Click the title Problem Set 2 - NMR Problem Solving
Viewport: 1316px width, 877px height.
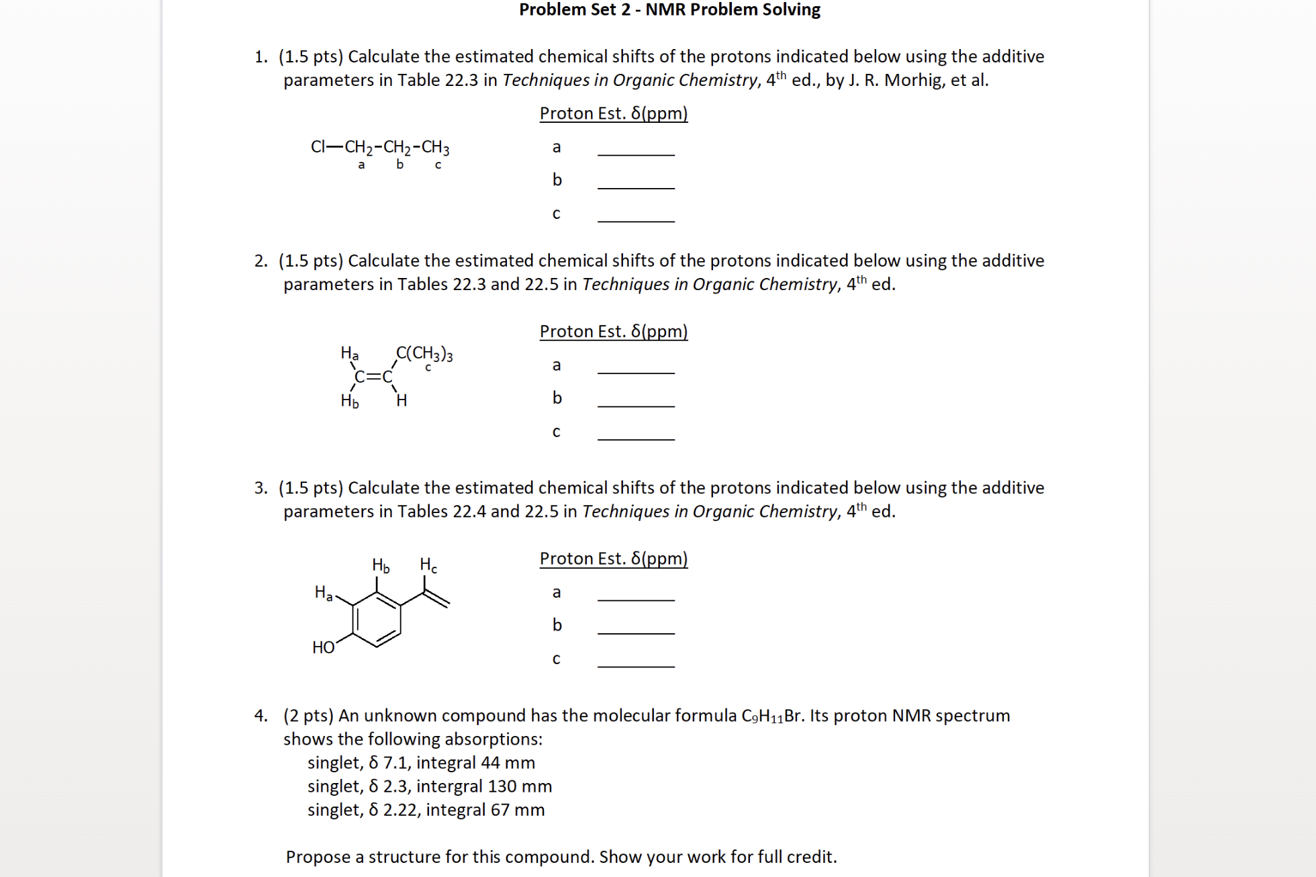(669, 10)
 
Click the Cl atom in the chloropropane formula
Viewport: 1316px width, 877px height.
(318, 147)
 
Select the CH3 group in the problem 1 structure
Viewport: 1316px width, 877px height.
(436, 148)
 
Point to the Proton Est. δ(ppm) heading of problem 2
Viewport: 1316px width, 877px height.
(614, 332)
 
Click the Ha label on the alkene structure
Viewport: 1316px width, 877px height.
(349, 353)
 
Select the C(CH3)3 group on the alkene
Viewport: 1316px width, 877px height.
(424, 354)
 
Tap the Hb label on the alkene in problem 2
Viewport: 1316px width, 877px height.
(349, 401)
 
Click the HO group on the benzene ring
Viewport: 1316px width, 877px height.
(323, 647)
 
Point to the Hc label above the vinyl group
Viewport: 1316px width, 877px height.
(428, 565)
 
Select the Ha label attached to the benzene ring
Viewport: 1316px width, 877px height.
(323, 592)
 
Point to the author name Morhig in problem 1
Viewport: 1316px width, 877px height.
(914, 81)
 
